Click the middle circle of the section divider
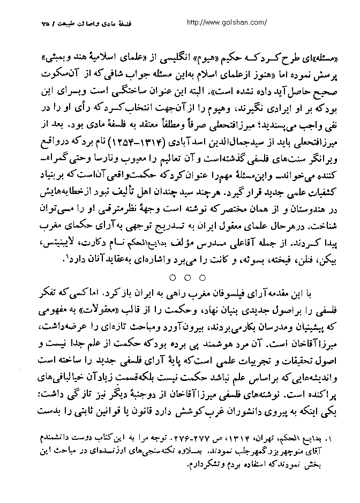click(187, 277)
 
